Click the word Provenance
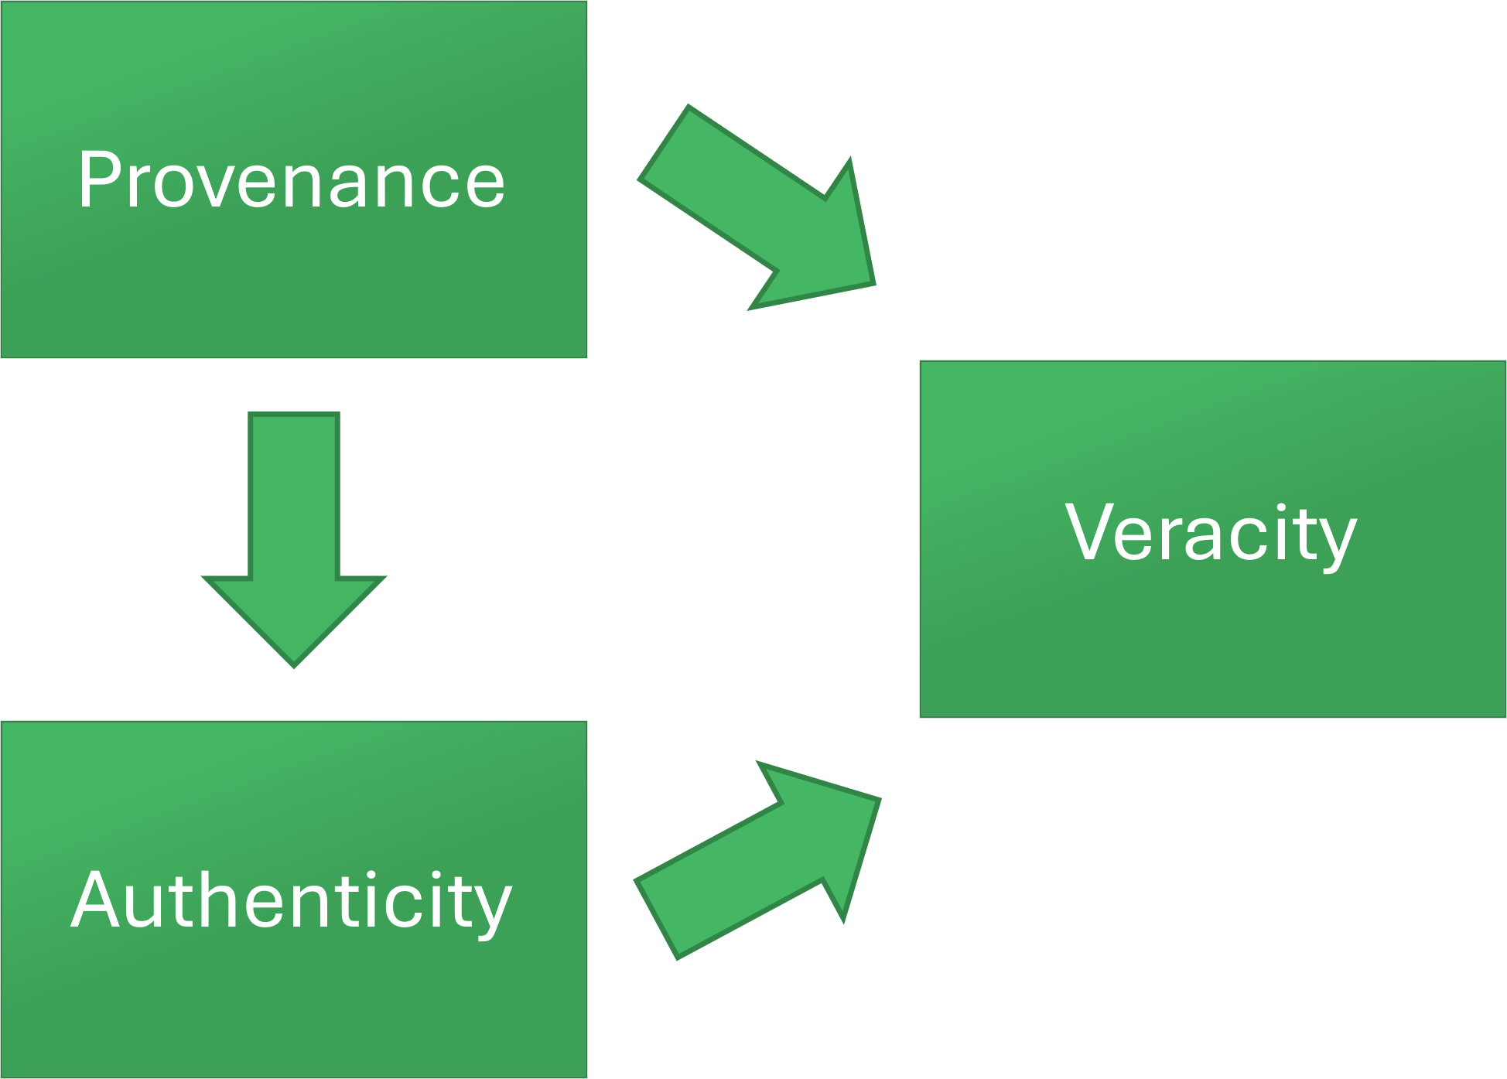(x=291, y=180)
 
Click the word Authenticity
(x=291, y=901)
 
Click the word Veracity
(x=1211, y=534)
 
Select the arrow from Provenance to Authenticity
(x=294, y=541)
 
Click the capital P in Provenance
(x=98, y=179)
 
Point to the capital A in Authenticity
(x=94, y=900)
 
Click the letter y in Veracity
(x=1336, y=541)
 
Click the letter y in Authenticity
(x=490, y=910)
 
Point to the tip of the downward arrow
(x=294, y=664)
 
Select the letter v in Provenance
(x=233, y=186)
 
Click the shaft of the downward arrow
(x=294, y=495)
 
